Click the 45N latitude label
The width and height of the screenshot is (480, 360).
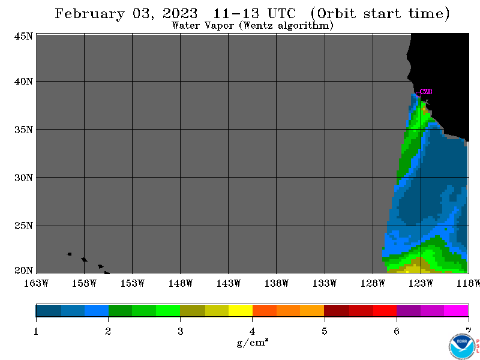23,37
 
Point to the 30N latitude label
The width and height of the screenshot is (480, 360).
23,178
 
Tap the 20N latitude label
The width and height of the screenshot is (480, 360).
23,271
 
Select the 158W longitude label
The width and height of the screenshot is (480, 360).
84,283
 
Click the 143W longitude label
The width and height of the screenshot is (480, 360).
229,283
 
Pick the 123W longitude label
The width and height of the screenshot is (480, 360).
421,283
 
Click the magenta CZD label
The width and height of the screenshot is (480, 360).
426,92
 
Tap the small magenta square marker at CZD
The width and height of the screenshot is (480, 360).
418,95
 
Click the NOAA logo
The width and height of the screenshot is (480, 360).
462,346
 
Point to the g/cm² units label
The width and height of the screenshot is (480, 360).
253,342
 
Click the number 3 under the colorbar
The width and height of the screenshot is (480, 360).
181,332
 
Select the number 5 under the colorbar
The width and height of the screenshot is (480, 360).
325,332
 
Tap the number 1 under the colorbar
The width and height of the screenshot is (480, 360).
36,332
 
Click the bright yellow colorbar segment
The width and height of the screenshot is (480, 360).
241,310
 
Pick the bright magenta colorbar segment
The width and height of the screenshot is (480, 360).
456,310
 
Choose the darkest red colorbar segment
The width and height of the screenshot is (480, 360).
337,310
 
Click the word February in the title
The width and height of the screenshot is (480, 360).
90,14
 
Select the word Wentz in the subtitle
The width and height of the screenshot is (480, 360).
258,25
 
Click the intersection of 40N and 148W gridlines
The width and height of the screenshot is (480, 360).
181,82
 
